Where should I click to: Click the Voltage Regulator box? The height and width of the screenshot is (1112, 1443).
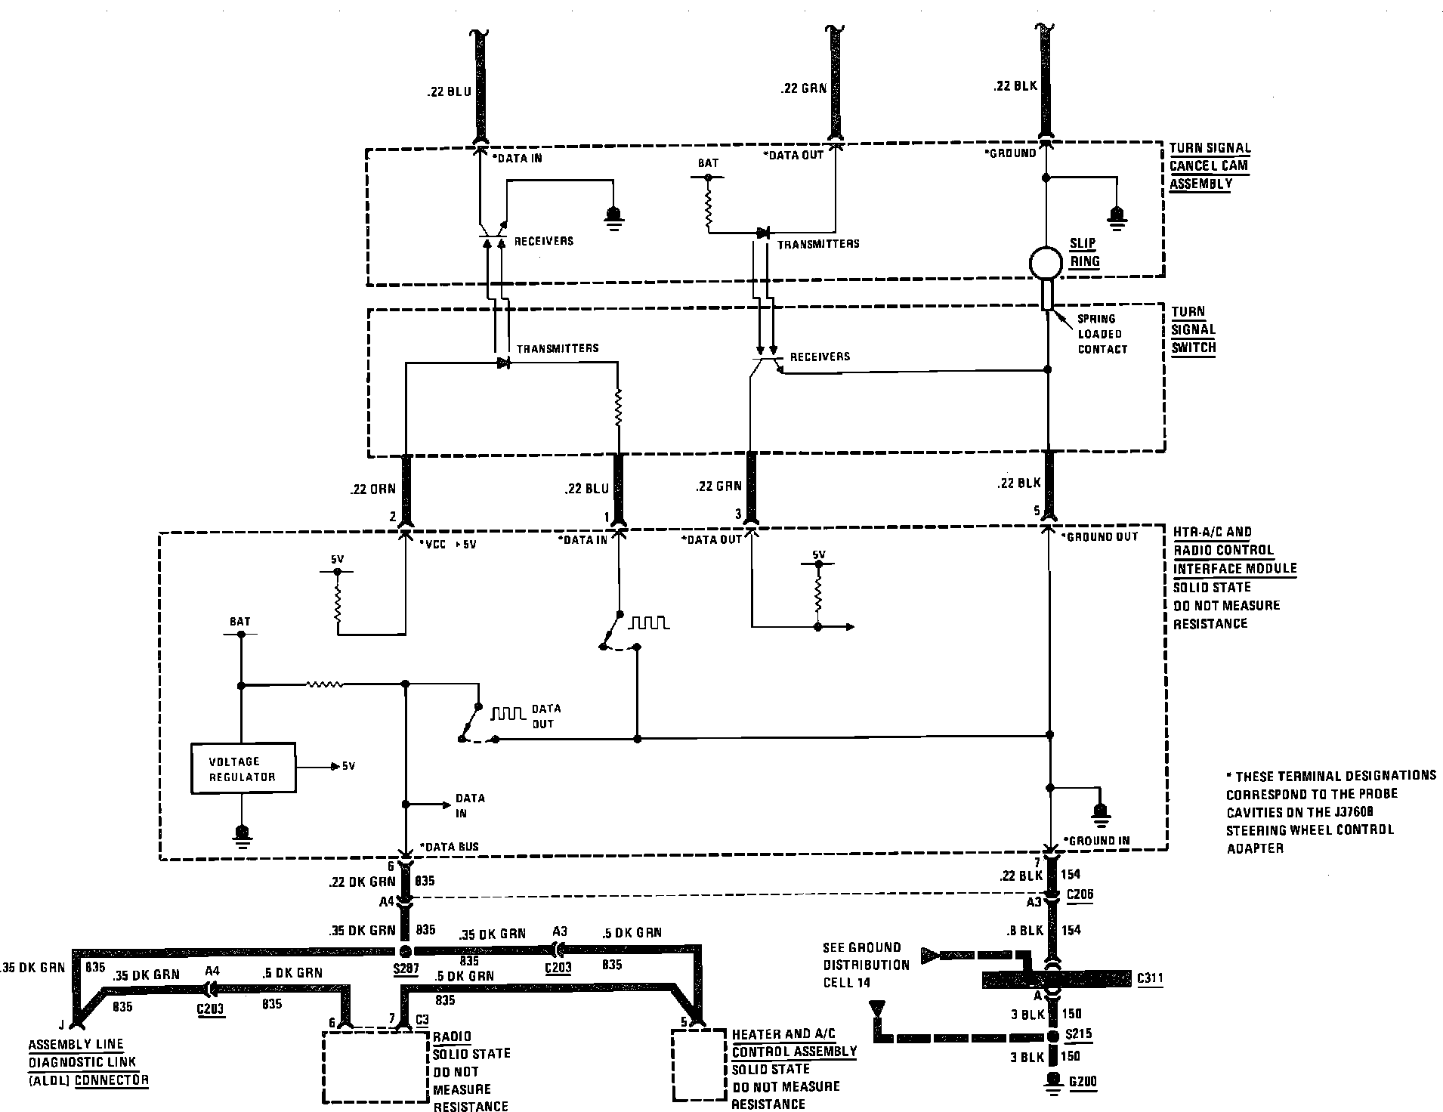coord(243,768)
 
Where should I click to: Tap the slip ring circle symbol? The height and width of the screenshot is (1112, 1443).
coord(1046,264)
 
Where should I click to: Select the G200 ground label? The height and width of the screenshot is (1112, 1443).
coord(1082,1082)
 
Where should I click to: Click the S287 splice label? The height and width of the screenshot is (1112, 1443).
coord(405,969)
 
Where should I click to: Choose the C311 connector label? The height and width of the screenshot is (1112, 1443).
coord(1150,979)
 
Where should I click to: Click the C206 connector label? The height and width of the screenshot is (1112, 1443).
coord(1080,894)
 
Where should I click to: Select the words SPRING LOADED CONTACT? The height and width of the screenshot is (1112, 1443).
coord(1102,334)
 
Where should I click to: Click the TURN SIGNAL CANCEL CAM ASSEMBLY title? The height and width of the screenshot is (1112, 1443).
coord(1210,166)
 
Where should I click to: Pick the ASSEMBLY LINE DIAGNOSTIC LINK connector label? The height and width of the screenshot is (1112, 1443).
coord(88,1063)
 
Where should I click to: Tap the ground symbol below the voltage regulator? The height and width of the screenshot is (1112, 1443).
coord(242,832)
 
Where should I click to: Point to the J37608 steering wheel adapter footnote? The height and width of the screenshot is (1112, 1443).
coord(1330,812)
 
